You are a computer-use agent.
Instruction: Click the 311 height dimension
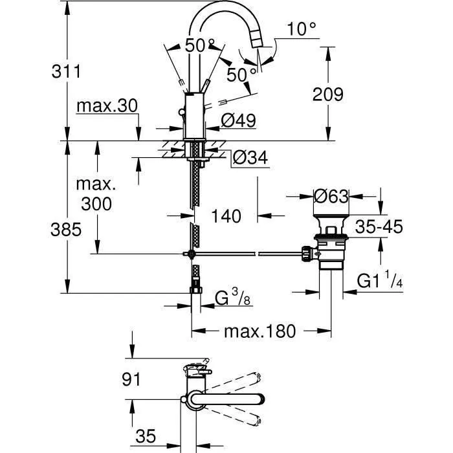click(67, 72)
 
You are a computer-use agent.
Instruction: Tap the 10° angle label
click(302, 29)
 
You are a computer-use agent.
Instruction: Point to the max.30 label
click(107, 106)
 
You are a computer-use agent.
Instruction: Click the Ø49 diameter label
click(238, 121)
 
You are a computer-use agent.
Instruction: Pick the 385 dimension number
click(67, 229)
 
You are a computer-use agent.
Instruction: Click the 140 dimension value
click(226, 216)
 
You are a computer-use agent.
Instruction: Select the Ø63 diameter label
click(331, 195)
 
